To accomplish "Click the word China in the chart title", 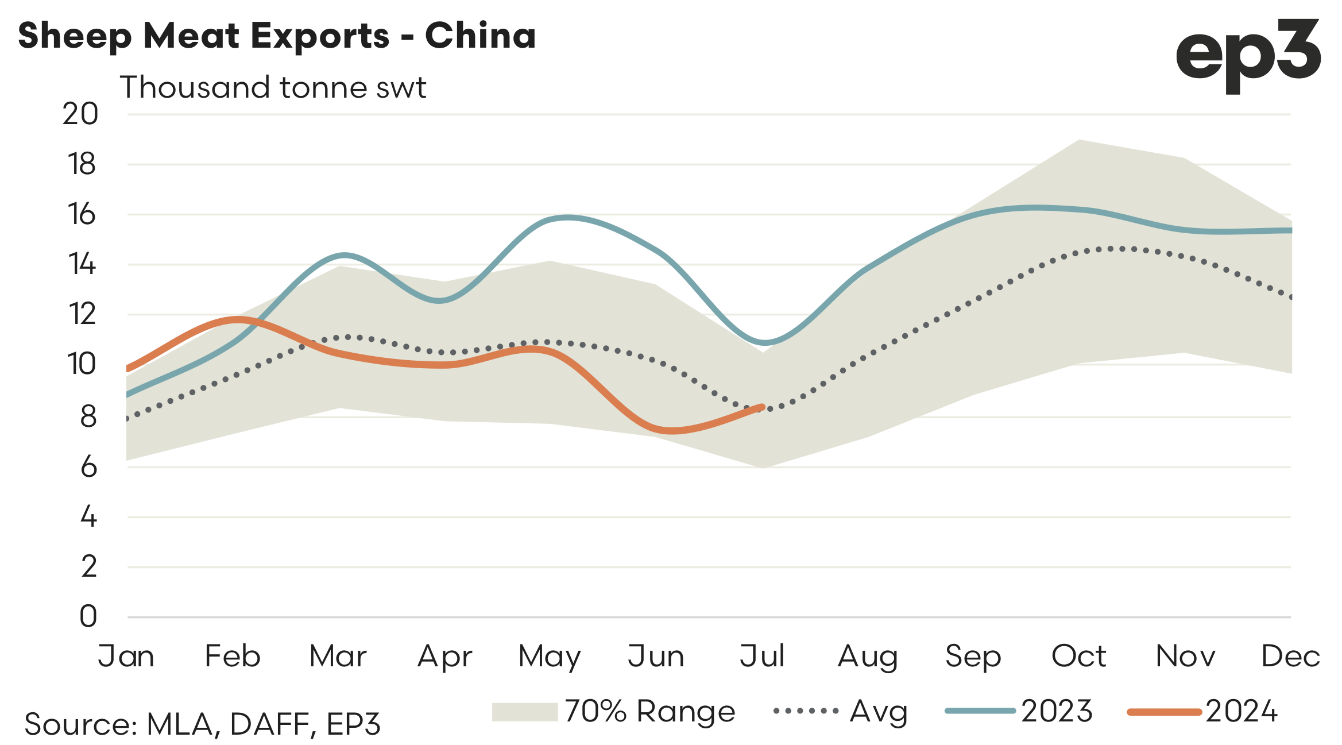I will tap(480, 36).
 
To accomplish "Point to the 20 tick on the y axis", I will tap(80, 114).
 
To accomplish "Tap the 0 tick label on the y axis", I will tap(88, 617).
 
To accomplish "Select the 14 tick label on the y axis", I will tap(82, 265).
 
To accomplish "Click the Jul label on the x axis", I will tap(762, 656).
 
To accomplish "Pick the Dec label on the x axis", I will tap(1290, 656).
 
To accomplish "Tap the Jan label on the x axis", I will tap(126, 656).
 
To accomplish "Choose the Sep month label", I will tap(973, 656).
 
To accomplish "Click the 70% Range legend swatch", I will tap(524, 712).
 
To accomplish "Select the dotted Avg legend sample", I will tap(806, 711).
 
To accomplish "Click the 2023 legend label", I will tap(1057, 712).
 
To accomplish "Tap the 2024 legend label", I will tap(1242, 712).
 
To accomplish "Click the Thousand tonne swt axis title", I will tap(273, 88).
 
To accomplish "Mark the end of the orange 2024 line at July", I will tap(762, 407).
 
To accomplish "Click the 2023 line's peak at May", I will tap(567, 218).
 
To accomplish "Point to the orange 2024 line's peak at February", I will tap(237, 319).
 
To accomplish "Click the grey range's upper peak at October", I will tap(1080, 140).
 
